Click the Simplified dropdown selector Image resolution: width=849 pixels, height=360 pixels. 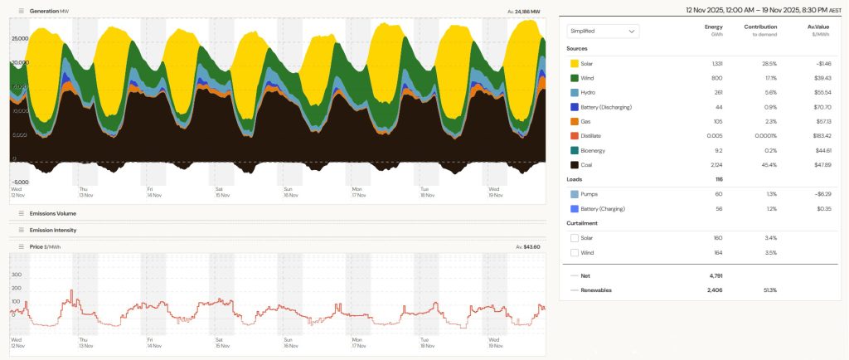[x=603, y=31]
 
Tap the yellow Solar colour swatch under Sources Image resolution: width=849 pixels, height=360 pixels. [x=575, y=63]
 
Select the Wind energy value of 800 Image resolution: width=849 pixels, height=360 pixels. [x=716, y=78]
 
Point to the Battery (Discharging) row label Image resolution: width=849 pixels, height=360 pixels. [x=612, y=107]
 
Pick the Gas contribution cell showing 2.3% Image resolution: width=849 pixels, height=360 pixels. [x=769, y=121]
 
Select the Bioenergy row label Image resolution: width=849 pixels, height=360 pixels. [x=598, y=150]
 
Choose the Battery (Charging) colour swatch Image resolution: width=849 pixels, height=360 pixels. [x=575, y=208]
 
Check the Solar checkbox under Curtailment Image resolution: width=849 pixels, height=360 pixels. [x=575, y=238]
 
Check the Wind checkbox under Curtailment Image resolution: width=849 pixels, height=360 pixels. [x=575, y=252]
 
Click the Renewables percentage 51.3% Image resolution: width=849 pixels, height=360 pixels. [x=769, y=290]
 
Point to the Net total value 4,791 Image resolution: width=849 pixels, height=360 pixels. [x=715, y=275]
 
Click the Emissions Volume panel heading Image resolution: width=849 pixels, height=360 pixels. [x=53, y=213]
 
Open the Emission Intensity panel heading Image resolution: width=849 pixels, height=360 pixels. [x=53, y=230]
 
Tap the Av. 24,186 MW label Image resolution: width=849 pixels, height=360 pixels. [x=523, y=12]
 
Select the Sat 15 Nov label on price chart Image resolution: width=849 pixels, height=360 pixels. [x=222, y=342]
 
